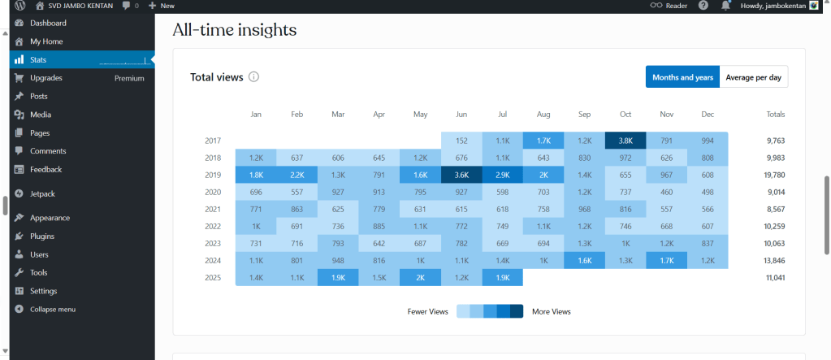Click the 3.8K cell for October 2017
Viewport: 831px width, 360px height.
click(625, 141)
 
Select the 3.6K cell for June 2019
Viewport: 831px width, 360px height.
click(461, 175)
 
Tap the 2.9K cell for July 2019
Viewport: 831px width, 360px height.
click(502, 175)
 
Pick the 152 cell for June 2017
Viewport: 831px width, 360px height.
click(461, 141)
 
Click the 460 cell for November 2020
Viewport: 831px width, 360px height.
click(666, 192)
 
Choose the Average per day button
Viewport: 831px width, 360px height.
click(753, 77)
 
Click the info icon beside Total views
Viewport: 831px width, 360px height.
click(253, 77)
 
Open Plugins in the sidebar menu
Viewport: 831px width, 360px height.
click(42, 236)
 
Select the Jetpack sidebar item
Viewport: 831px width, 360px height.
click(43, 193)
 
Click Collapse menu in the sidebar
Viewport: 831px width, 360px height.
click(52, 310)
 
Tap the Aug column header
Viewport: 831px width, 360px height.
click(543, 115)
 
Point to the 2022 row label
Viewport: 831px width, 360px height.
click(213, 227)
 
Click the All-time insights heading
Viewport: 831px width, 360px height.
click(235, 31)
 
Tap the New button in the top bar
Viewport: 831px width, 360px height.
click(162, 6)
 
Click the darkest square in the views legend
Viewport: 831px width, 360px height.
click(517, 311)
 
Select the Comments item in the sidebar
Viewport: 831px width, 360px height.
click(47, 151)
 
